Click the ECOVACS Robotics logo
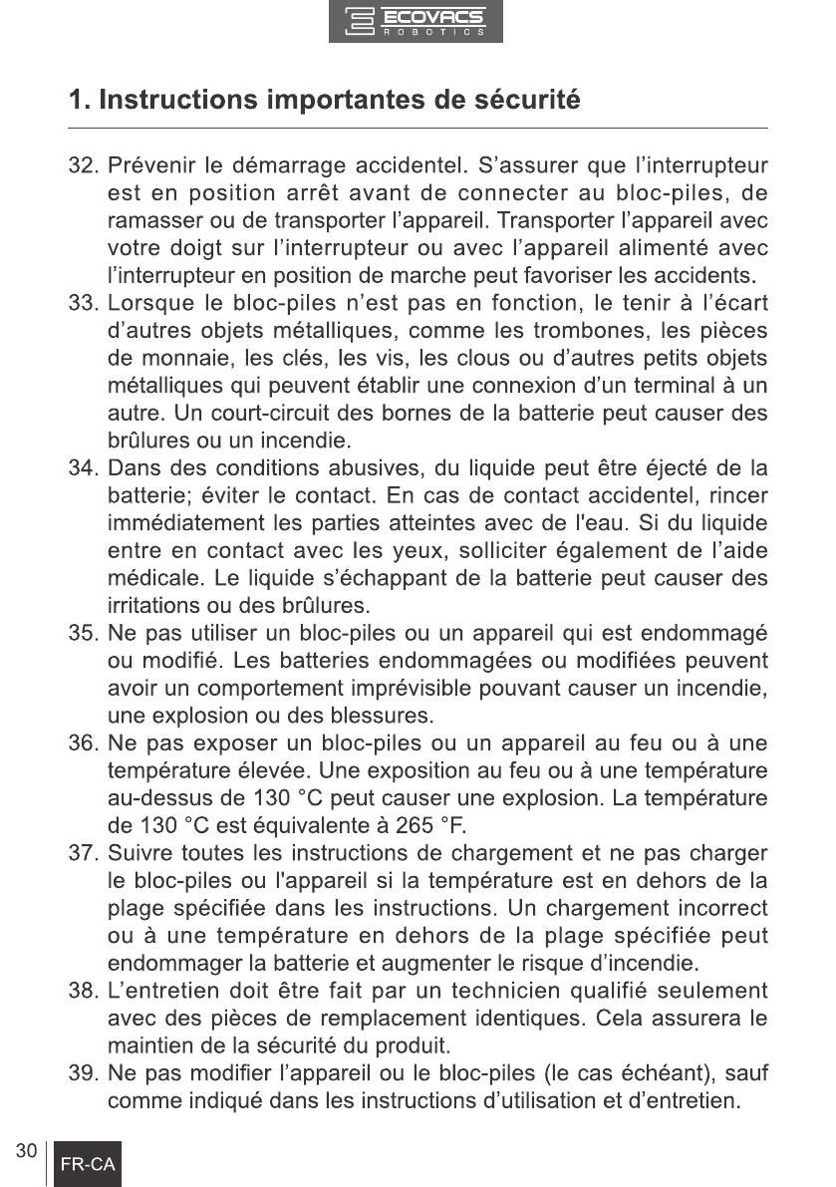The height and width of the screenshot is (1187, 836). click(x=417, y=22)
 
